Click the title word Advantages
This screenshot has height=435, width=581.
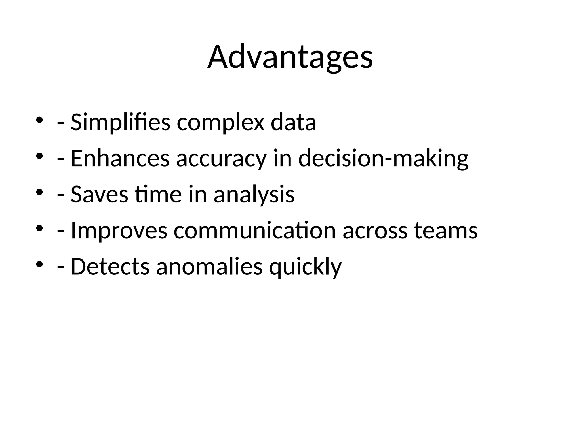290,57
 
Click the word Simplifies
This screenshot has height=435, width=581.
120,122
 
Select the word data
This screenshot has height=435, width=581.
293,122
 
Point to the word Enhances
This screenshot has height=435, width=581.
120,158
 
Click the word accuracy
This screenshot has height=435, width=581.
221,158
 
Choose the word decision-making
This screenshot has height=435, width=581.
383,158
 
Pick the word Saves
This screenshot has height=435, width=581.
99,195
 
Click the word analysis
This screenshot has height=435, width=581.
254,195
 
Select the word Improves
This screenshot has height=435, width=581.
119,231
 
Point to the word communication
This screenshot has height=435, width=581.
254,231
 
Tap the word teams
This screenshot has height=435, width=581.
446,231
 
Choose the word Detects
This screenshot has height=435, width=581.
110,266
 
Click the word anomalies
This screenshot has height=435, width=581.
209,266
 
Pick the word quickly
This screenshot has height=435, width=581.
305,266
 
